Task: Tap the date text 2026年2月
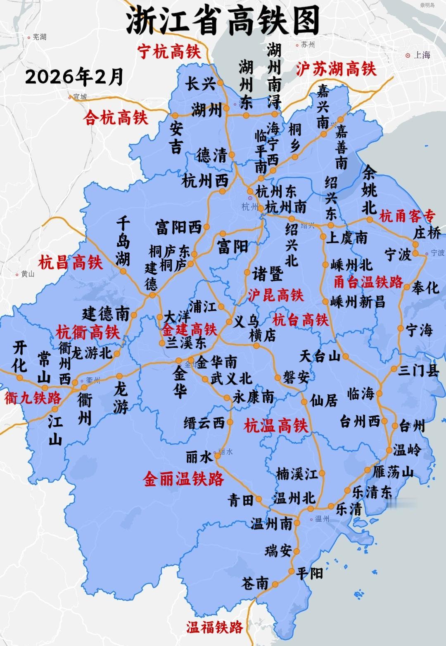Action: (x=74, y=76)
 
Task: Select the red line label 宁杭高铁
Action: (x=169, y=52)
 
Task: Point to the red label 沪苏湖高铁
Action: (x=336, y=69)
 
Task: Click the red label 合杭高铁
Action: (x=116, y=118)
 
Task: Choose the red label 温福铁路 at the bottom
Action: (x=214, y=627)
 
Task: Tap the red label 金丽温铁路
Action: (x=183, y=479)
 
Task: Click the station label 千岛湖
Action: (x=123, y=241)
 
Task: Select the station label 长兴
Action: (x=200, y=84)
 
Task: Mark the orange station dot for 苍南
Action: (x=275, y=584)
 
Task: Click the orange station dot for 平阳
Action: (x=291, y=571)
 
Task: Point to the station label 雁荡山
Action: (x=393, y=471)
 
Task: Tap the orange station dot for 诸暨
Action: (x=247, y=272)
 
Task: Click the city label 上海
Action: (x=422, y=55)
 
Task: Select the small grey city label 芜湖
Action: (x=40, y=37)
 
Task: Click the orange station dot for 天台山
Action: (x=345, y=356)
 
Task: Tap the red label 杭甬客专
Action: (x=407, y=216)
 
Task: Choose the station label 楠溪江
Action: (x=297, y=473)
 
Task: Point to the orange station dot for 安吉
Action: (x=176, y=116)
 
